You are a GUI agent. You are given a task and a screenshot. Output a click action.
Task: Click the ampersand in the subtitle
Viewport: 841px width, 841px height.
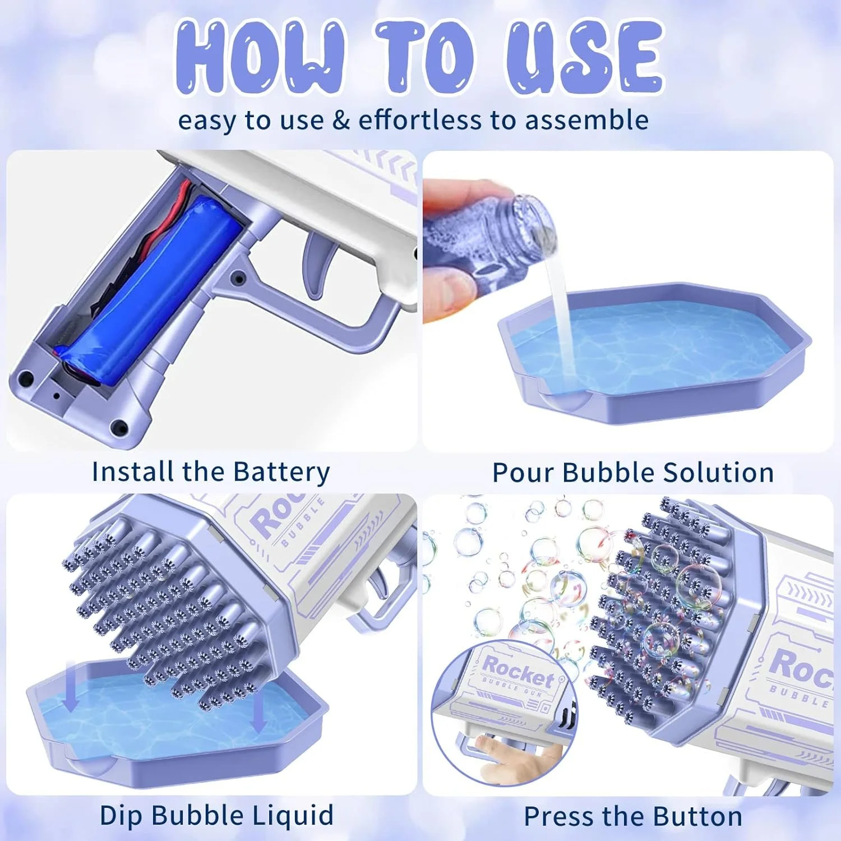(341, 121)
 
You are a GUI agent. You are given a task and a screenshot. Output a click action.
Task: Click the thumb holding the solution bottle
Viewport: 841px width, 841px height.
(446, 294)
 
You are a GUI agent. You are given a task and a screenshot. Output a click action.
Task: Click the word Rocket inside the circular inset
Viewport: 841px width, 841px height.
(518, 671)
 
